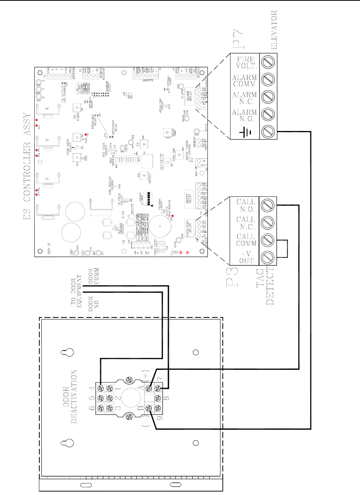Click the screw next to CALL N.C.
pyautogui.click(x=269, y=223)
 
